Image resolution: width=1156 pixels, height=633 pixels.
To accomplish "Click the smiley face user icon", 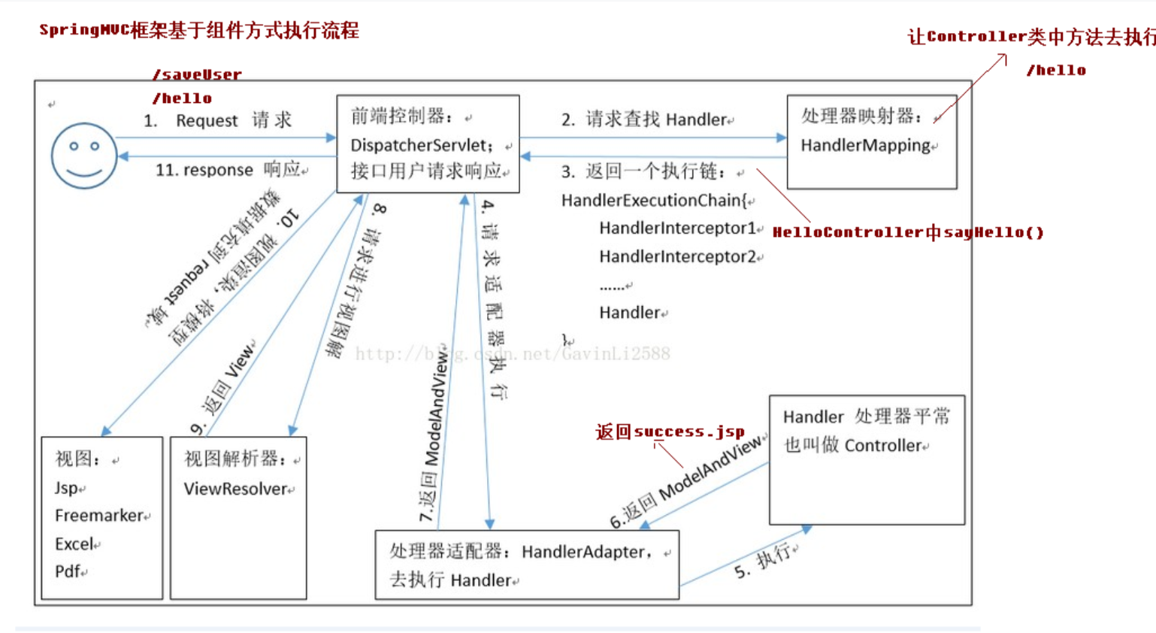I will pos(83,156).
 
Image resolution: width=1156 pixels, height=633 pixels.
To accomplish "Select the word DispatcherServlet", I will pos(421,145).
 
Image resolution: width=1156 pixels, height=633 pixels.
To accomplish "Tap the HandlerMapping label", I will pos(865,145).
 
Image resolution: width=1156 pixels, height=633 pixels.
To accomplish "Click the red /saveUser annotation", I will pos(197,74).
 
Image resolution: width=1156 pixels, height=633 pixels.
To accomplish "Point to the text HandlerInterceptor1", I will pos(677,228).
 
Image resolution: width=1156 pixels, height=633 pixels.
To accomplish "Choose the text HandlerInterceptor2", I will pos(677,256).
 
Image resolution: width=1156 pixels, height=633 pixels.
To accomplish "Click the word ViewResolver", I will pos(235,489).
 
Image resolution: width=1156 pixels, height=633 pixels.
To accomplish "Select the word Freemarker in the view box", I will pos(98,516).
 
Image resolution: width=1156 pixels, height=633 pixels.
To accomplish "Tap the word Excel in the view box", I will pos(74,544).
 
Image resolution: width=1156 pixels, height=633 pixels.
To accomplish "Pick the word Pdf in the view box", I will pos(67,571).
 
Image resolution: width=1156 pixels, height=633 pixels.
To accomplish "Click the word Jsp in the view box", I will pos(66,488).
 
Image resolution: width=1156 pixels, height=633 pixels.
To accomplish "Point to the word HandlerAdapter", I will pos(583,552).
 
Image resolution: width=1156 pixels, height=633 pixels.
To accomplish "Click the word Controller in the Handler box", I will pos(882,445).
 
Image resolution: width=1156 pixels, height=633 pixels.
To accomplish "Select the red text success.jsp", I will pos(688,432).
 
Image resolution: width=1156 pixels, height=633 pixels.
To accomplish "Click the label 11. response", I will pos(204,170).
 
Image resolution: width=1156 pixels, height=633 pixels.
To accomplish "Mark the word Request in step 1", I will pos(207,120).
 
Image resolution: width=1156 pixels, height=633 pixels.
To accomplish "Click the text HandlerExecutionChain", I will pos(650,200).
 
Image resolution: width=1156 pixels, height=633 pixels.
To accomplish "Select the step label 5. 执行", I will pos(762,562).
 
